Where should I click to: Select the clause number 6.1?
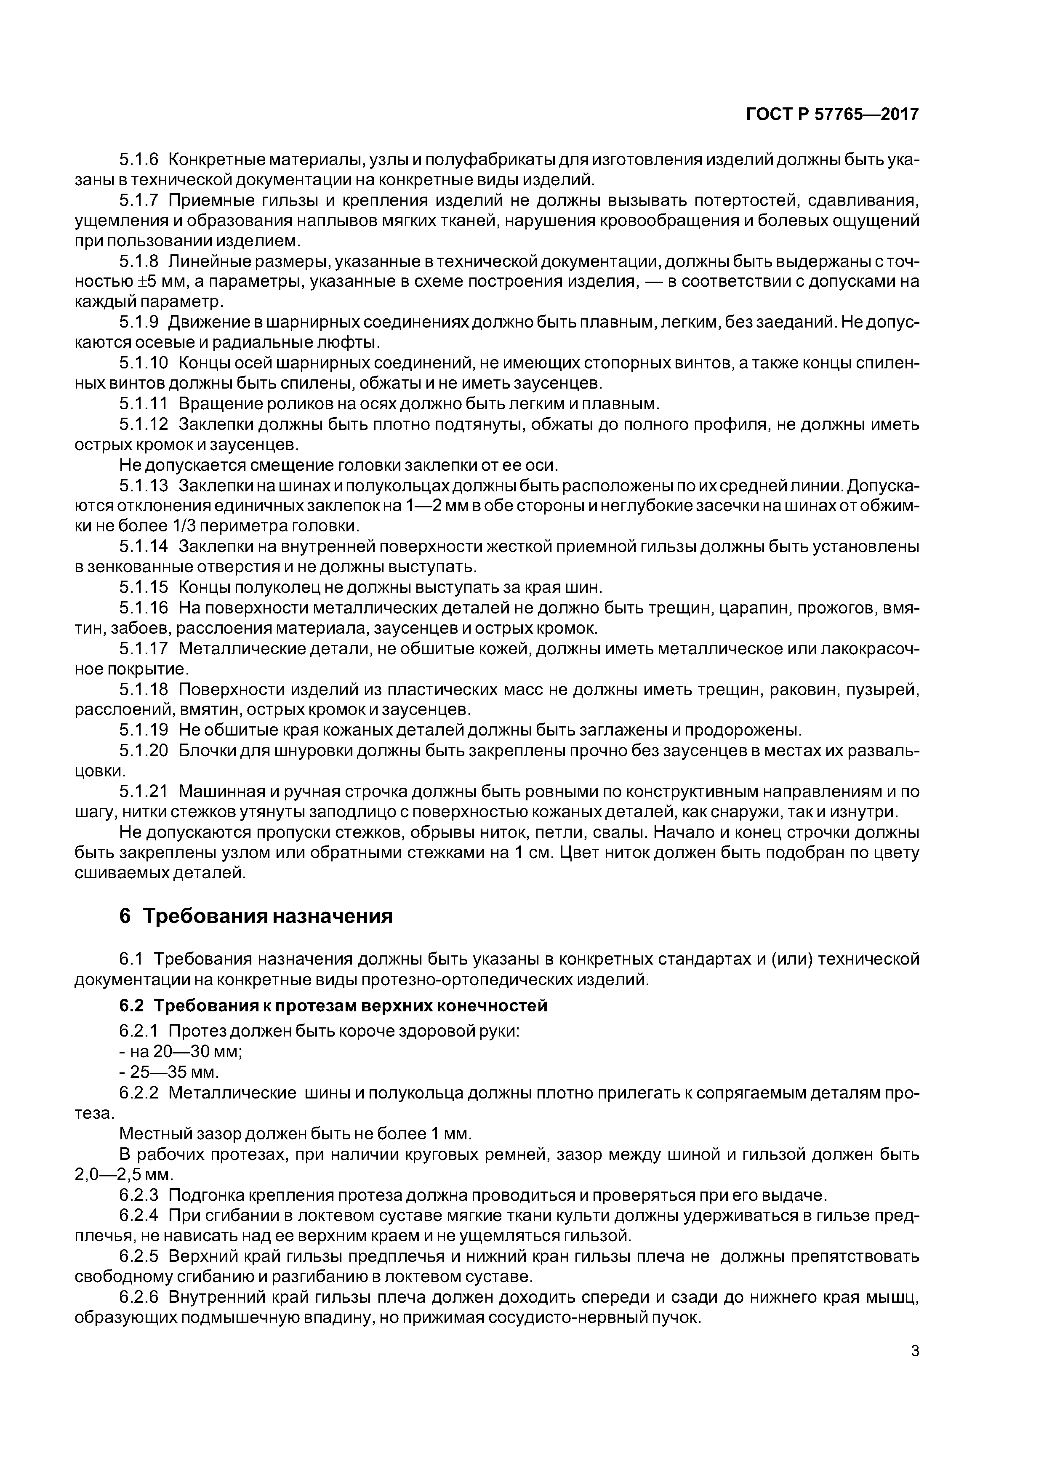131,959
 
